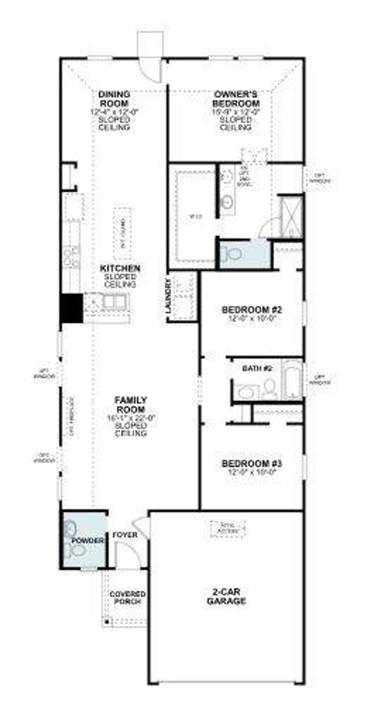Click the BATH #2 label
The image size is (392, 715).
[257, 369]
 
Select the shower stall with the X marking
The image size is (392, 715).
[292, 216]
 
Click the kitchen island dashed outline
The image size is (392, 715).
[123, 233]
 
